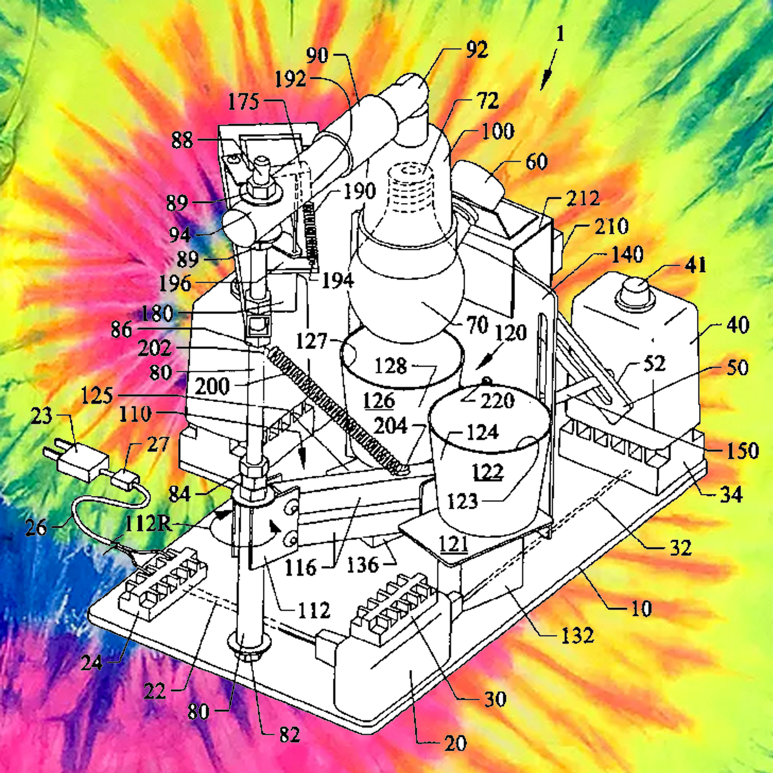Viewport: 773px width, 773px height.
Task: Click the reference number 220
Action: (497, 401)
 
